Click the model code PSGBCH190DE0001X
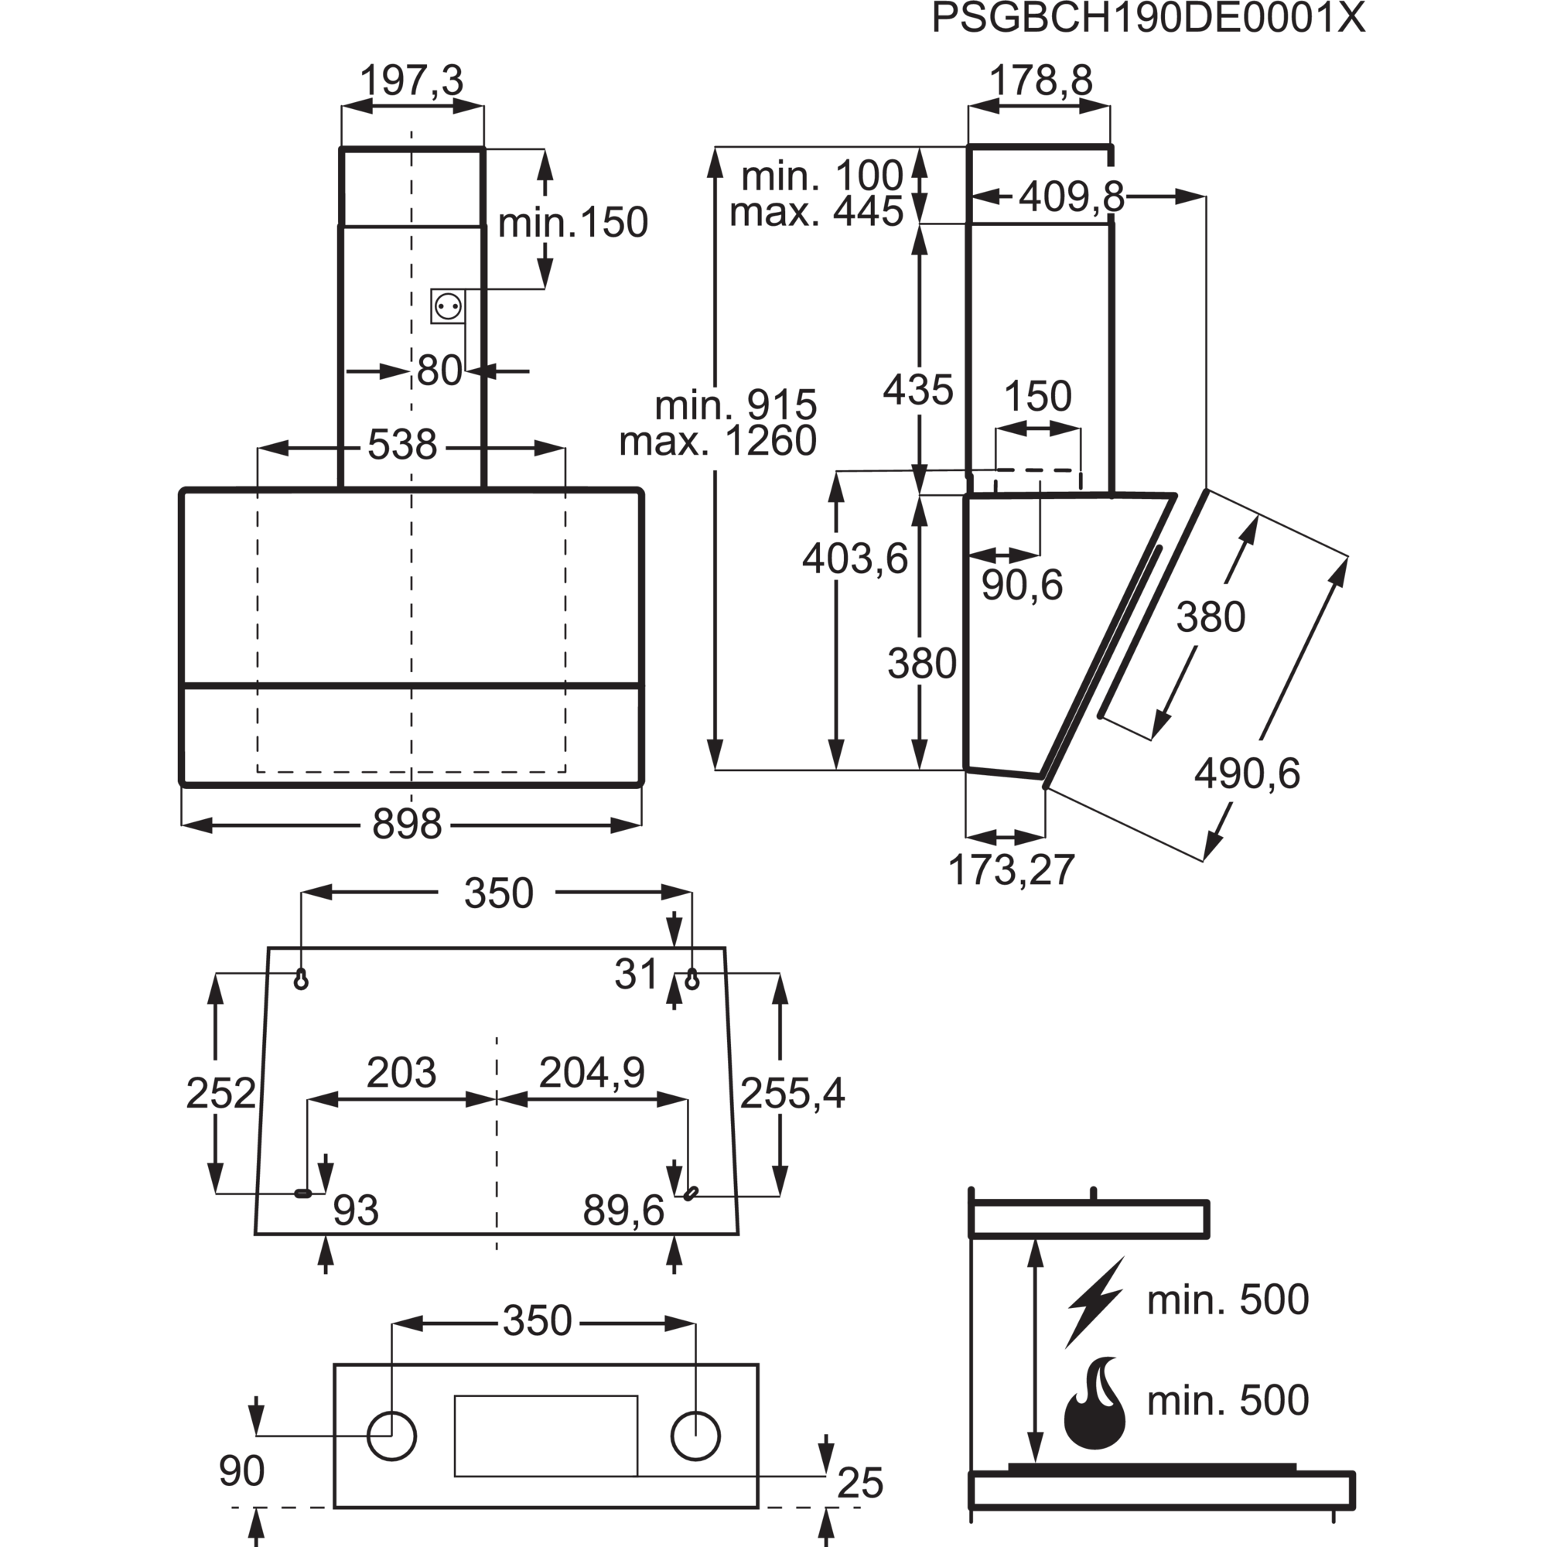pyautogui.click(x=1148, y=19)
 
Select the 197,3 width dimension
pyautogui.click(x=412, y=81)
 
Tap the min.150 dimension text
pyautogui.click(x=572, y=223)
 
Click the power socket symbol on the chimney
pyautogui.click(x=448, y=306)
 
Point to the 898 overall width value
pyautogui.click(x=407, y=824)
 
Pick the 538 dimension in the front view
pyautogui.click(x=402, y=445)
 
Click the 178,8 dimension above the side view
pyautogui.click(x=1041, y=81)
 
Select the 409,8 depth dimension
pyautogui.click(x=1071, y=197)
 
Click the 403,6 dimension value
pyautogui.click(x=855, y=558)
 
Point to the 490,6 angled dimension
pyautogui.click(x=1247, y=773)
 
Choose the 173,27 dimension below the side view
pyautogui.click(x=1010, y=870)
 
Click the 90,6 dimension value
pyautogui.click(x=1022, y=586)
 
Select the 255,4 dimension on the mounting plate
pyautogui.click(x=792, y=1093)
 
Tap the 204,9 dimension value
pyautogui.click(x=592, y=1072)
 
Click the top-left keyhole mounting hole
pyautogui.click(x=301, y=978)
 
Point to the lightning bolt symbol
pyautogui.click(x=1095, y=1303)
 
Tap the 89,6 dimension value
pyautogui.click(x=623, y=1211)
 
